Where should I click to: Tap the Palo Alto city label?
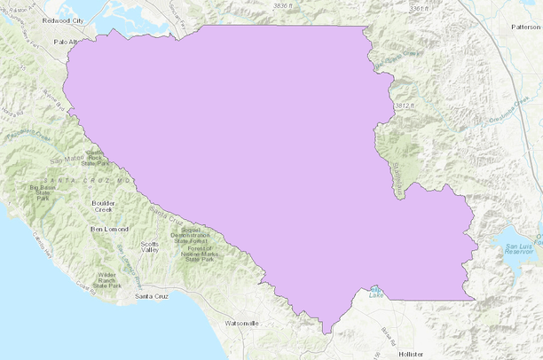tap(67, 42)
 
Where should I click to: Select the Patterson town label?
tap(525, 27)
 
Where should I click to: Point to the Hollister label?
tap(413, 353)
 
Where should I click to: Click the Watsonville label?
tap(241, 323)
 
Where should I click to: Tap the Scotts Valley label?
tap(150, 247)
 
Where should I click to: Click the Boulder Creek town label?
tap(104, 207)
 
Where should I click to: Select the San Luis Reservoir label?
tap(520, 247)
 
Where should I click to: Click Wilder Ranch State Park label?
tap(106, 281)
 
